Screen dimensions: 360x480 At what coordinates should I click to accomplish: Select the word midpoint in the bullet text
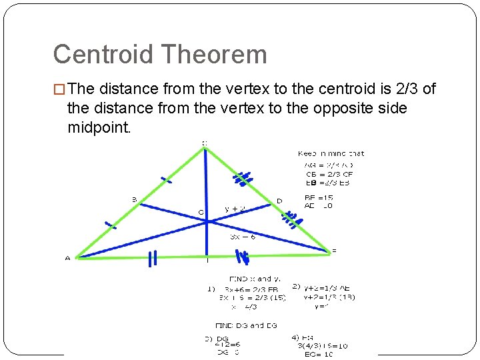(x=99, y=127)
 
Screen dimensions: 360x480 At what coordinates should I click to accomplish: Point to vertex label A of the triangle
(x=67, y=259)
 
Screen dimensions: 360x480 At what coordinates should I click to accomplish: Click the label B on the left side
(x=134, y=199)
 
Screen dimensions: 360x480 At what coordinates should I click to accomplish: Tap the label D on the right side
(x=279, y=200)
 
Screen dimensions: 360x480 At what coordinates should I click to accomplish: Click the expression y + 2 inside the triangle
(x=235, y=209)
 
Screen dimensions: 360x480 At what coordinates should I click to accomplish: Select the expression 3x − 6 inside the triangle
(x=243, y=236)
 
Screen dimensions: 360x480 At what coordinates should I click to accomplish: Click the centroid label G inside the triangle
(x=201, y=213)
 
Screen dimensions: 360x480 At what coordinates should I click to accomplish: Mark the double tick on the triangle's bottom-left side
(x=152, y=258)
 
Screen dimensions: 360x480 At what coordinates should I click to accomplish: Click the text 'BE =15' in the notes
(x=318, y=198)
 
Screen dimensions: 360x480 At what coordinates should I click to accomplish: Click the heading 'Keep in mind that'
(x=331, y=153)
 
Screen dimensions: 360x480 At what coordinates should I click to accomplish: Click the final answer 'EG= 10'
(x=319, y=354)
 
